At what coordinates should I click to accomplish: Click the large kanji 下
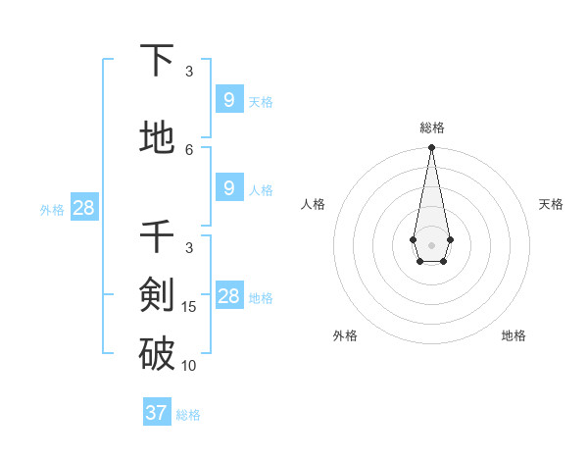tap(157, 61)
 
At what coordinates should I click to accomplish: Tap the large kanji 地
tap(157, 138)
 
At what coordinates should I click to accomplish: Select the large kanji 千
tap(157, 237)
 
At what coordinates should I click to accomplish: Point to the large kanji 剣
tap(157, 293)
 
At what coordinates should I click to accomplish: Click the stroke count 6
tap(189, 149)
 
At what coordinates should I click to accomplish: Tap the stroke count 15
tap(189, 307)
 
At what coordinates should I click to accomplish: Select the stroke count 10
tap(189, 366)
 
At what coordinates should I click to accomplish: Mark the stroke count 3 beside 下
tap(189, 72)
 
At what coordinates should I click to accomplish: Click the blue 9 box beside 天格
tap(228, 100)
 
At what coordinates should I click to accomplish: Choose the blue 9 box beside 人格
tap(228, 188)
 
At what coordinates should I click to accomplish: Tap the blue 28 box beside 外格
tap(83, 207)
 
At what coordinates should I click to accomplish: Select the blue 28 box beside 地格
tap(228, 296)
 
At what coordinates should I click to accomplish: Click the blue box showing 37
tap(156, 413)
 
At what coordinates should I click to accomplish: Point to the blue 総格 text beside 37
tap(188, 414)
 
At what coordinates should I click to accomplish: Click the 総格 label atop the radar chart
tap(431, 128)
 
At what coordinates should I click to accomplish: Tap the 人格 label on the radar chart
tap(314, 204)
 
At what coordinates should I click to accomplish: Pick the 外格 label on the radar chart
tap(345, 335)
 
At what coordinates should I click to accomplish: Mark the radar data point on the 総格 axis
tap(431, 148)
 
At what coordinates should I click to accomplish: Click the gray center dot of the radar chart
tap(431, 243)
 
